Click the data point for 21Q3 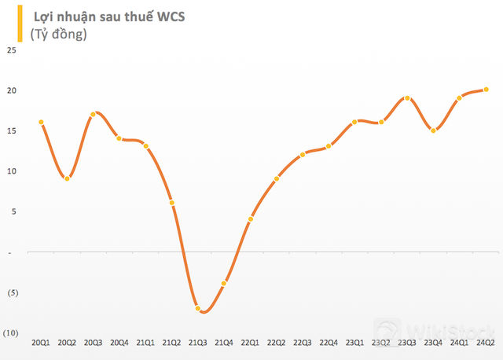click(x=198, y=308)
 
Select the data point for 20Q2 click(x=68, y=178)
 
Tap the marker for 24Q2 click(x=486, y=90)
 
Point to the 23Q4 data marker click(x=433, y=130)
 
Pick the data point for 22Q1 click(x=250, y=219)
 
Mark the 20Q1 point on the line click(x=41, y=123)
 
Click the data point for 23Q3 click(x=407, y=98)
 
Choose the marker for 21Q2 click(x=171, y=203)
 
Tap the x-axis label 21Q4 click(x=224, y=342)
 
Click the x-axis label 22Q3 click(x=302, y=342)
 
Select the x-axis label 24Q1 click(x=459, y=342)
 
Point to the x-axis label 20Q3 click(x=93, y=342)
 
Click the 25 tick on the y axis click(x=11, y=50)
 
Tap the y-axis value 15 click(x=11, y=131)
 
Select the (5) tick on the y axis click(x=11, y=292)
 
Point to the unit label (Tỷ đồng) click(x=58, y=35)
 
